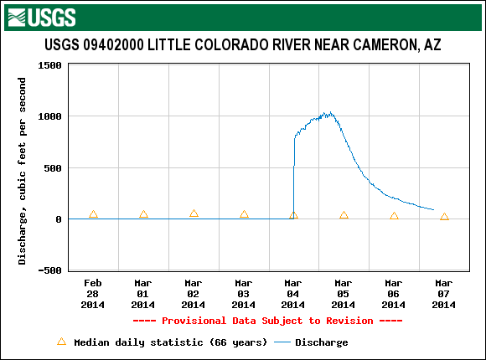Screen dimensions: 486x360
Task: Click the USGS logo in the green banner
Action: click(x=42, y=18)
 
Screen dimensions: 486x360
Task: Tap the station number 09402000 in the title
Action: click(x=113, y=45)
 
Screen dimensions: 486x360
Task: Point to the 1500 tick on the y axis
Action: click(x=49, y=65)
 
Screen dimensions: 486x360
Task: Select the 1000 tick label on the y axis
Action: click(x=49, y=116)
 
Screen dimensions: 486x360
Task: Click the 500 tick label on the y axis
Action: click(x=53, y=168)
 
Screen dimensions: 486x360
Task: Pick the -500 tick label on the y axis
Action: click(x=49, y=270)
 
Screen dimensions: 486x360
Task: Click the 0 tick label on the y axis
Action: click(x=59, y=219)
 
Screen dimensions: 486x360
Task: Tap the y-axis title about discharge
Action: click(x=22, y=171)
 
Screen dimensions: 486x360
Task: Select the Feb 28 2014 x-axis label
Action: click(x=93, y=294)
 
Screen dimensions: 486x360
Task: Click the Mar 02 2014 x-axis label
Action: click(x=193, y=294)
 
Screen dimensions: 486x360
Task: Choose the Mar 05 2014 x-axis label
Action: click(x=343, y=294)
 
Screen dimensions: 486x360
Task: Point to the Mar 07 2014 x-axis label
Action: click(x=443, y=294)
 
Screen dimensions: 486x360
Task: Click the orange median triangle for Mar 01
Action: click(x=143, y=214)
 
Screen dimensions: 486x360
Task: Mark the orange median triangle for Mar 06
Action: click(x=394, y=216)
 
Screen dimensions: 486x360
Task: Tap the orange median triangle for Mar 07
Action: click(x=444, y=217)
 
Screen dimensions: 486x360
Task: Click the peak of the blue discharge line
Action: click(x=330, y=112)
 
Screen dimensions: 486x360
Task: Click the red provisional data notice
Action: click(x=268, y=321)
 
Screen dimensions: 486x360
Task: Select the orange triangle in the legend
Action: click(x=62, y=342)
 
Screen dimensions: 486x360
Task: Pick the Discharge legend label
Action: click(x=322, y=342)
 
